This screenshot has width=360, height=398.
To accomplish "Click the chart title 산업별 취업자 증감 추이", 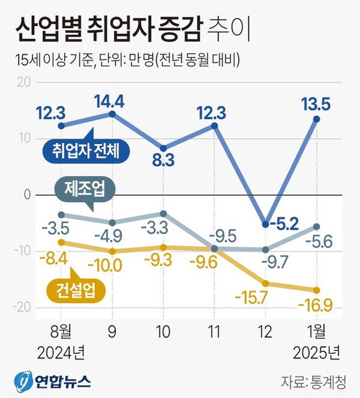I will pos(131,28).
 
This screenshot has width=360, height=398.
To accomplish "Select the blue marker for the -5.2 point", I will pos(265,224).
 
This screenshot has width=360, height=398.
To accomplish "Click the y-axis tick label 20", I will pos(23,82).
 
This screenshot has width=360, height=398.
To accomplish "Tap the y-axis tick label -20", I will pos(21,307).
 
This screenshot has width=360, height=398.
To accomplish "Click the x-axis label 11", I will pos(214,331).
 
